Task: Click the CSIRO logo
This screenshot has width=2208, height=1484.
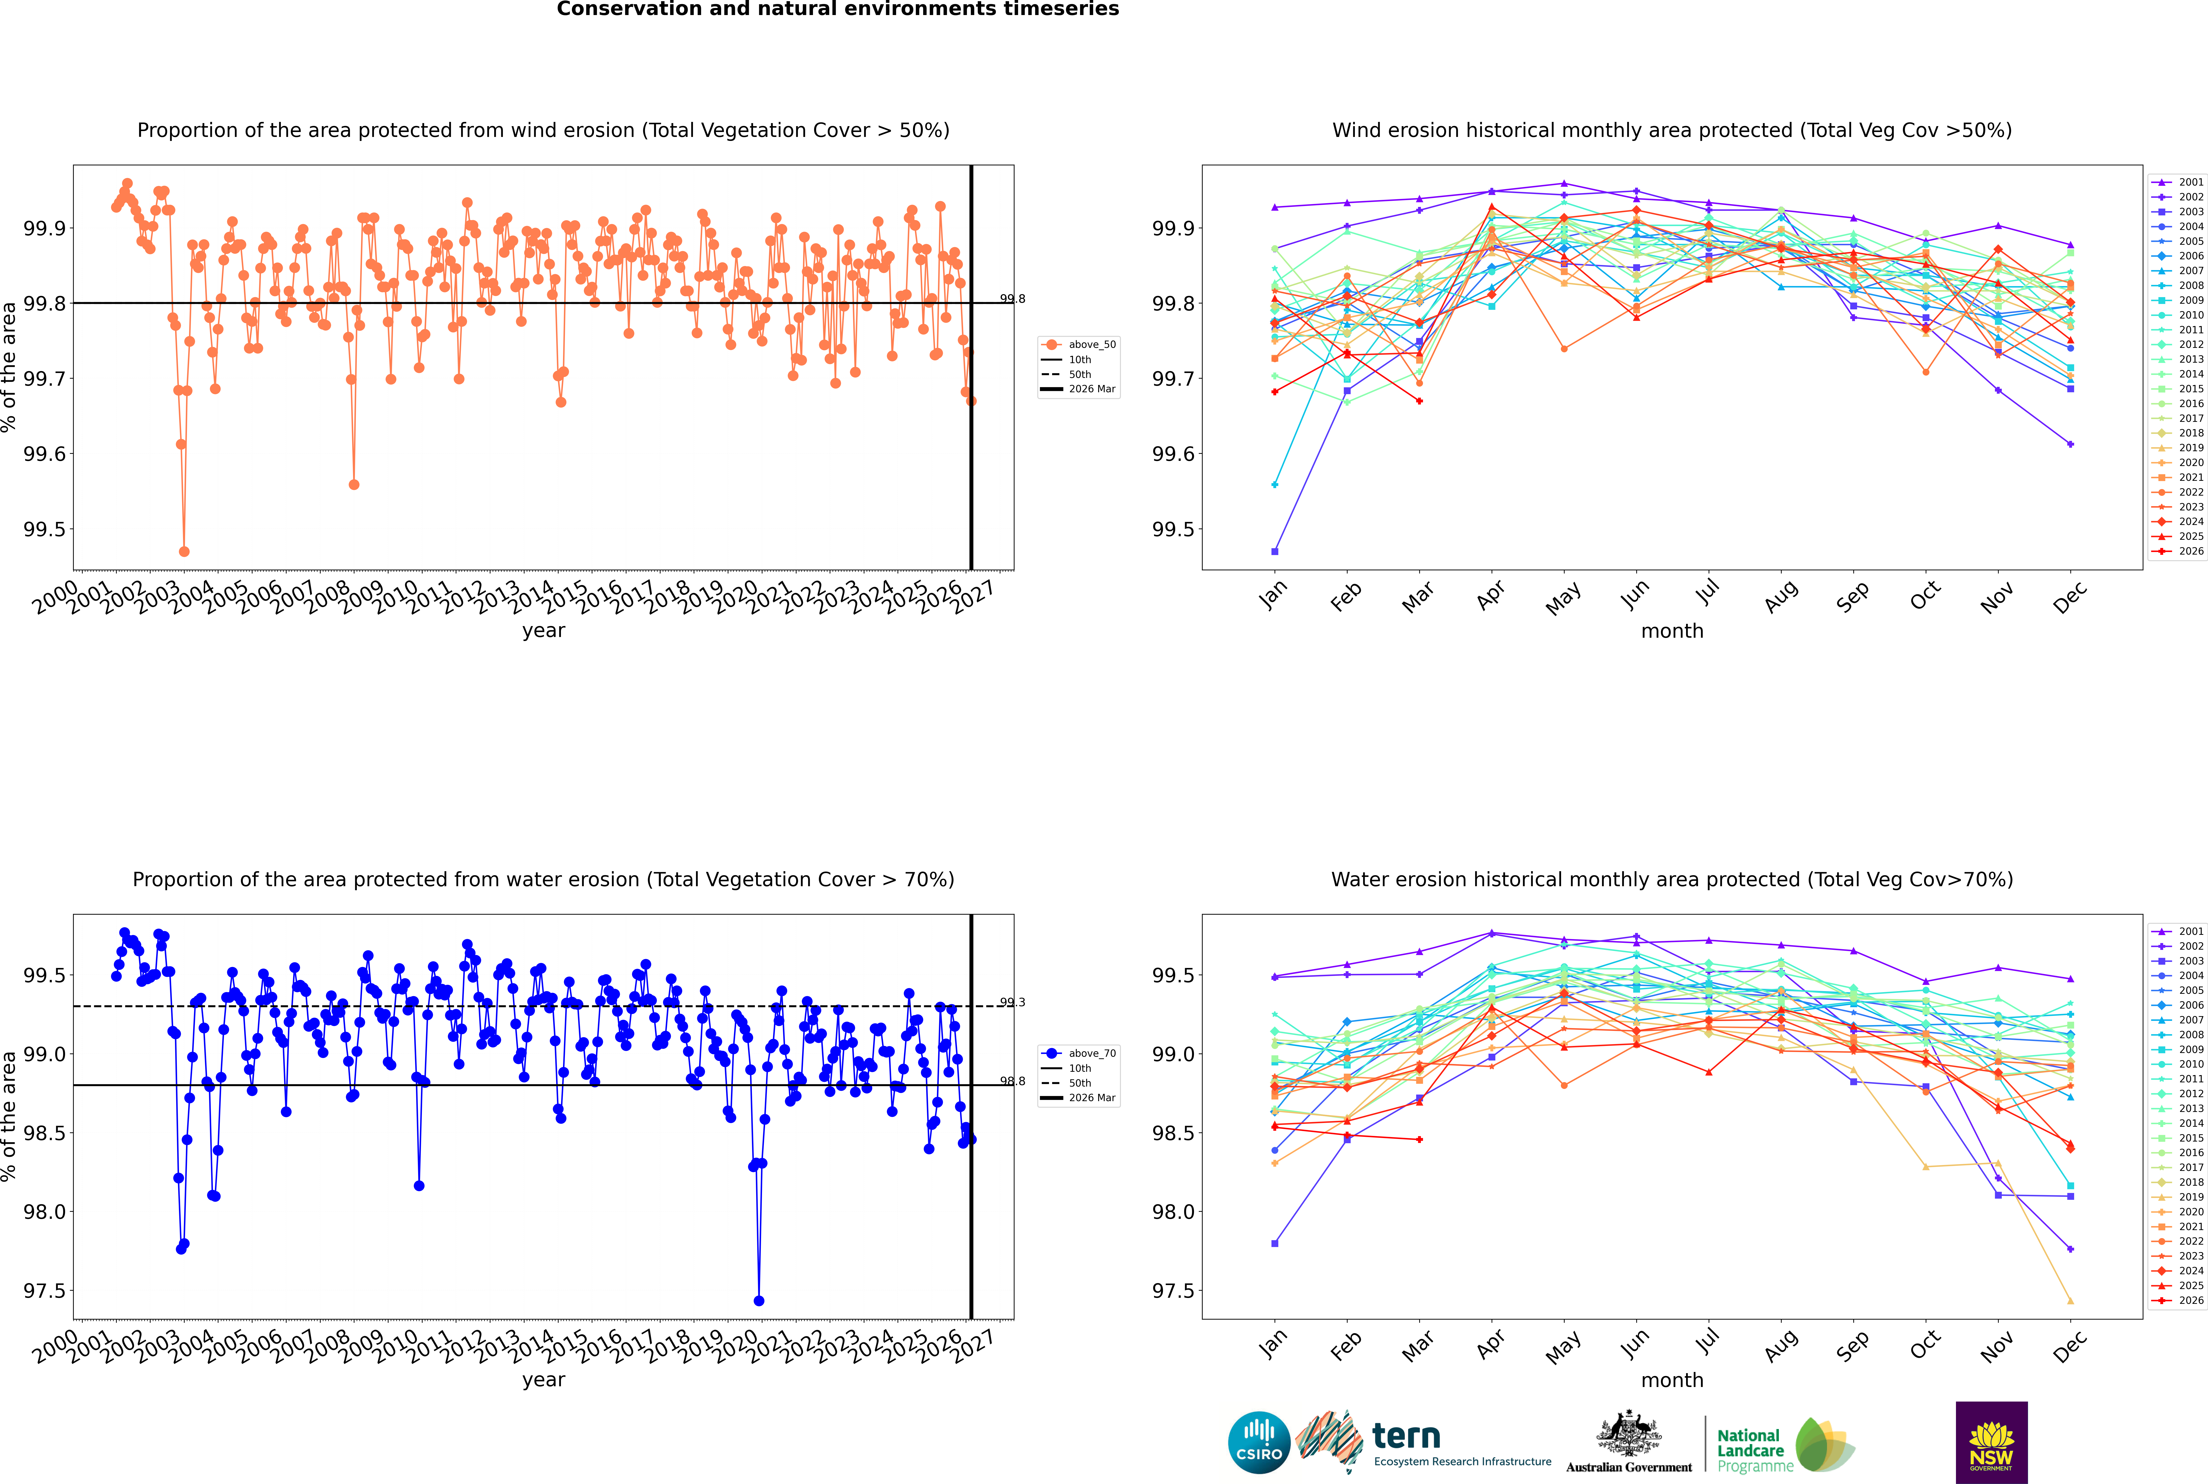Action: click(1259, 1442)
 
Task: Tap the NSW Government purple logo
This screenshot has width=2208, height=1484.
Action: click(1991, 1442)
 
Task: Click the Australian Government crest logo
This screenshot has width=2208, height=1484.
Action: click(1629, 1442)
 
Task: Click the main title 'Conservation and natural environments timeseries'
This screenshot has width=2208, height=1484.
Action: click(838, 9)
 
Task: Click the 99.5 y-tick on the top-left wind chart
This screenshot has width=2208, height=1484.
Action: click(44, 529)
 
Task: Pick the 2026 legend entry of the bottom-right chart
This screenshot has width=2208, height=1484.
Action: click(2179, 1300)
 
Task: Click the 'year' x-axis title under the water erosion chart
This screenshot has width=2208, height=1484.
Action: click(543, 1380)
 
